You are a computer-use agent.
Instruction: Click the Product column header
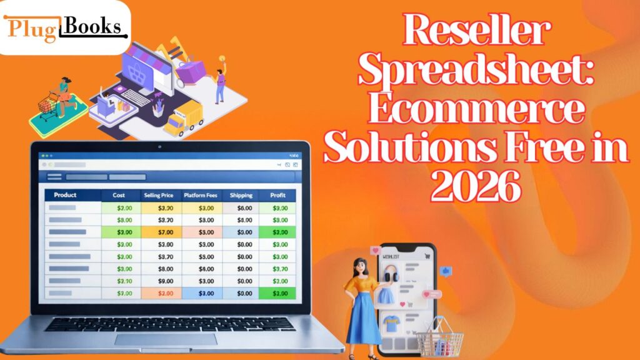pos(65,195)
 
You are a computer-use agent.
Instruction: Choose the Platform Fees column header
pos(199,195)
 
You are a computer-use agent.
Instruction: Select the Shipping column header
pos(241,195)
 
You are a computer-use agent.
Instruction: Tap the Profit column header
pos(277,195)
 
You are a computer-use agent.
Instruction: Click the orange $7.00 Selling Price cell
pos(165,232)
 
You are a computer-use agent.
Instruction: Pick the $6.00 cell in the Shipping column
pos(244,208)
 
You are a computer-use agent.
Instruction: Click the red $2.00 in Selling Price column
pos(165,292)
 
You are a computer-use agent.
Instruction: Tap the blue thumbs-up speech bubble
pos(446,271)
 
